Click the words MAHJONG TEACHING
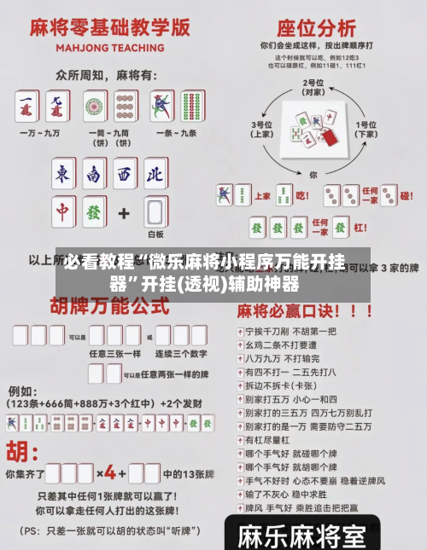[x=110, y=48]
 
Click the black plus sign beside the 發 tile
[x=123, y=211]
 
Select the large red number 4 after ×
[x=110, y=471]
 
